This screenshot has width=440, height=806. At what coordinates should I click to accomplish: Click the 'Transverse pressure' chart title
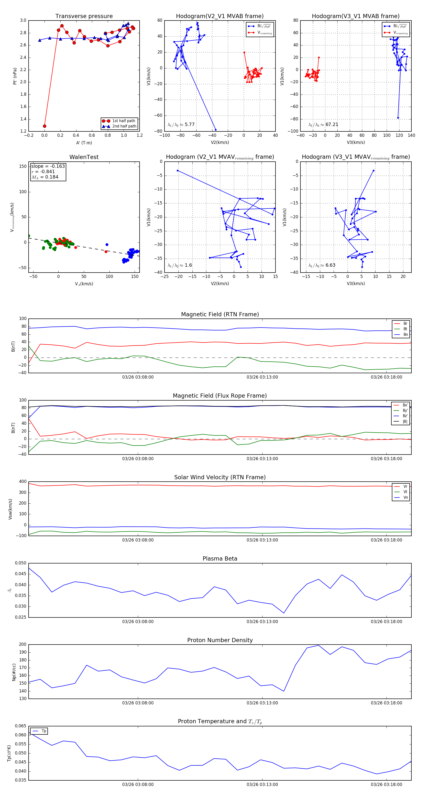[84, 16]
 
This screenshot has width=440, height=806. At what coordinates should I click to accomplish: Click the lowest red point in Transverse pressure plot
[44, 126]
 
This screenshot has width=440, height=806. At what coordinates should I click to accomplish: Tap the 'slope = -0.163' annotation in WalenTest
[48, 166]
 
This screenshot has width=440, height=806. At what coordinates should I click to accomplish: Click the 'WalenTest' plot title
[84, 157]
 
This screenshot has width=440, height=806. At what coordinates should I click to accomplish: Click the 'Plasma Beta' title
[220, 559]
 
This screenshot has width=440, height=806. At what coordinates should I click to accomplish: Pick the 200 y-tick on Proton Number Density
[22, 644]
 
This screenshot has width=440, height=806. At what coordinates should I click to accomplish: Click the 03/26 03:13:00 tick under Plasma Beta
[262, 621]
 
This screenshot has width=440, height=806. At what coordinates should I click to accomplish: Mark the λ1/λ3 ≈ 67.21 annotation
[323, 125]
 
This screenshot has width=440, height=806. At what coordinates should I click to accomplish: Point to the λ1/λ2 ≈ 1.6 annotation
[180, 265]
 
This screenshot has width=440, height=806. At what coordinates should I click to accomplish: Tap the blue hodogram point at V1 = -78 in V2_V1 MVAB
[215, 129]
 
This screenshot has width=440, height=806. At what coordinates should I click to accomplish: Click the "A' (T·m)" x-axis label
[84, 143]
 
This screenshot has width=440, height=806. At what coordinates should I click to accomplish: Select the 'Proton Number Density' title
[220, 640]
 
